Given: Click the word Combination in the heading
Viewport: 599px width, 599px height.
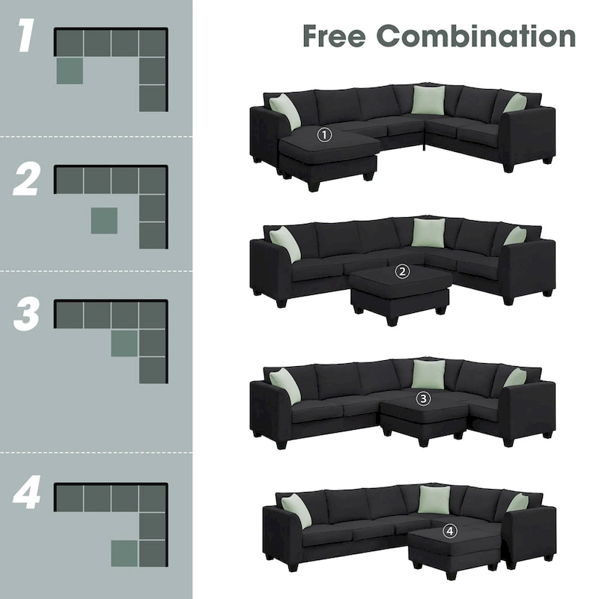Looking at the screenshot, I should pos(476,35).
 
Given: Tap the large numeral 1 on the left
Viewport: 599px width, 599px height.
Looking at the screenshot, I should pos(26,38).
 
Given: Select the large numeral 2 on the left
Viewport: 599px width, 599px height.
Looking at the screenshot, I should pos(26,180).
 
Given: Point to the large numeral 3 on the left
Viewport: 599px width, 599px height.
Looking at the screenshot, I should pos(26,315).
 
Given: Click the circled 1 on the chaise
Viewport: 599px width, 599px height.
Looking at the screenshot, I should pos(323,135).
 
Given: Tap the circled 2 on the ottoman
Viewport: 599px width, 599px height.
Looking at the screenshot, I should pos(403,272).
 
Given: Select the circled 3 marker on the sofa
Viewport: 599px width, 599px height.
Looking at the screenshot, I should pos(424,399).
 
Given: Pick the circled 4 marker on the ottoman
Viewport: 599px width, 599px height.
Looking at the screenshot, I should pos(449,531).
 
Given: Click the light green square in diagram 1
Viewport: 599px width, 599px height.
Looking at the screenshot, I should pos(70,70).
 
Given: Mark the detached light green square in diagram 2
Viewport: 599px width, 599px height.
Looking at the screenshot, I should pos(104,220).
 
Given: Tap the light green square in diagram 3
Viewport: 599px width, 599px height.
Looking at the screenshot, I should pos(124,343).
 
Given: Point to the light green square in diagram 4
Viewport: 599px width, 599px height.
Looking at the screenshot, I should pos(124,553).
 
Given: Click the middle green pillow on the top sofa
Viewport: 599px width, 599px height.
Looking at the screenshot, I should pos(428,100).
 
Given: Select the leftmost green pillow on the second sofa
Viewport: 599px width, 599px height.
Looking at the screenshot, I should pos(285,244).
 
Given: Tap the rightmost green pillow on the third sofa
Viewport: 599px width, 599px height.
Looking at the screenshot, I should pos(515,377).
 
